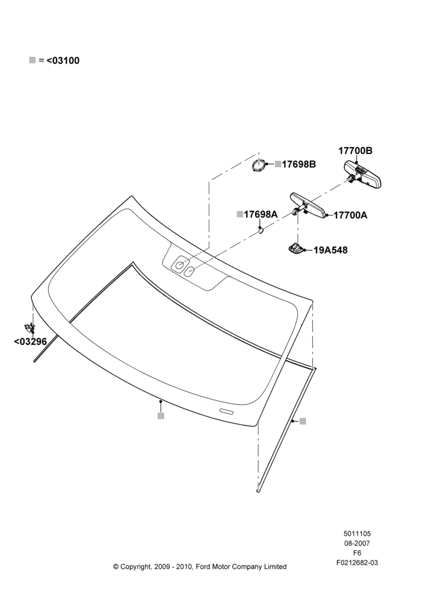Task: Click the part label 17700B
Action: [355, 150]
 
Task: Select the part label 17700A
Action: [350, 216]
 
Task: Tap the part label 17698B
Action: [298, 164]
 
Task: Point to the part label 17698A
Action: [261, 214]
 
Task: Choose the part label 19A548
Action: [330, 250]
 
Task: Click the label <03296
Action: [30, 341]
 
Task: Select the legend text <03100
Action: [63, 61]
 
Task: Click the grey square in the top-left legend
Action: [32, 60]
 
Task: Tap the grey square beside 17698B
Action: [278, 164]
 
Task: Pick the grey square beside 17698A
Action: [240, 214]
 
